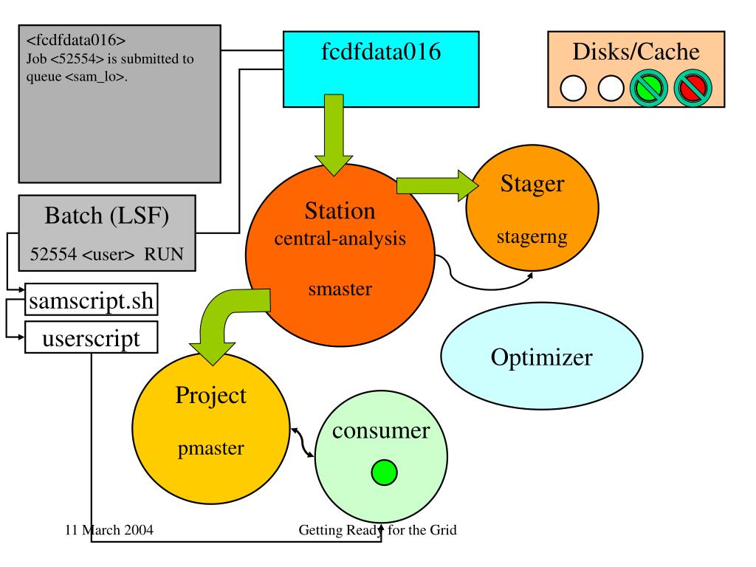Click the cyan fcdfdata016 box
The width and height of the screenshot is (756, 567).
381,69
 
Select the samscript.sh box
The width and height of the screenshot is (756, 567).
91,300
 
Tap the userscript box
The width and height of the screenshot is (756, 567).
91,337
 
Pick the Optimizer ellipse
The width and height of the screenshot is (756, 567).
541,357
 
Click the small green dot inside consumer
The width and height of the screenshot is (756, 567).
384,472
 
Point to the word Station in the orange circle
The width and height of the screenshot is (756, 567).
340,211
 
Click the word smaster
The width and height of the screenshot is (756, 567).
340,289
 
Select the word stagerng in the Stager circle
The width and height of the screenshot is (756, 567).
532,237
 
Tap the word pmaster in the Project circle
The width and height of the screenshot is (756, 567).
210,448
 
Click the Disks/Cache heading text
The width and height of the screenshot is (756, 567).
636,52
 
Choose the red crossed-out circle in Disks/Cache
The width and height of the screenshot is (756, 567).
693,89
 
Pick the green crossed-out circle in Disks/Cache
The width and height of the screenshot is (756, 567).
649,89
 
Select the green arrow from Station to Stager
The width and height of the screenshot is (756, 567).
437,185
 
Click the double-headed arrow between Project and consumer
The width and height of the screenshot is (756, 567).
302,442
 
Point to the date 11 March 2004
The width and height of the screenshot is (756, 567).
109,530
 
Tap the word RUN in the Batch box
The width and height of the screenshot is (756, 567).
164,254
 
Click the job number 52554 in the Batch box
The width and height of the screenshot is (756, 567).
53,254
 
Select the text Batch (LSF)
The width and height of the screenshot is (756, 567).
106,216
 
